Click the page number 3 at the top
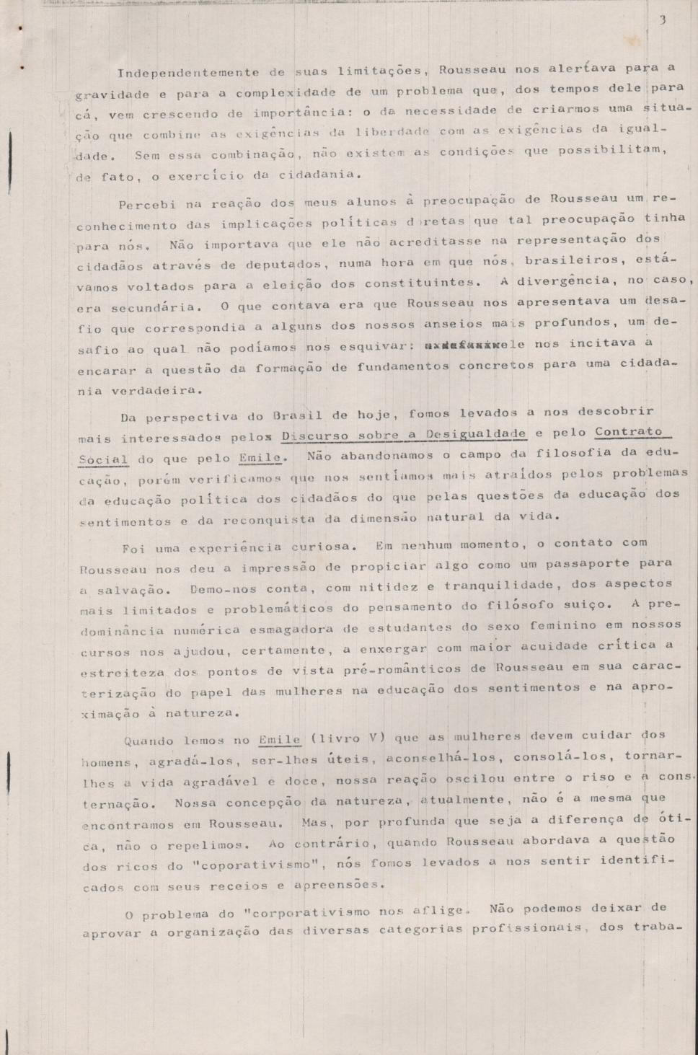point(662,20)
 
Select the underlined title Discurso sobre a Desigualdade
point(403,435)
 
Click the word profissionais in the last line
point(527,928)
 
